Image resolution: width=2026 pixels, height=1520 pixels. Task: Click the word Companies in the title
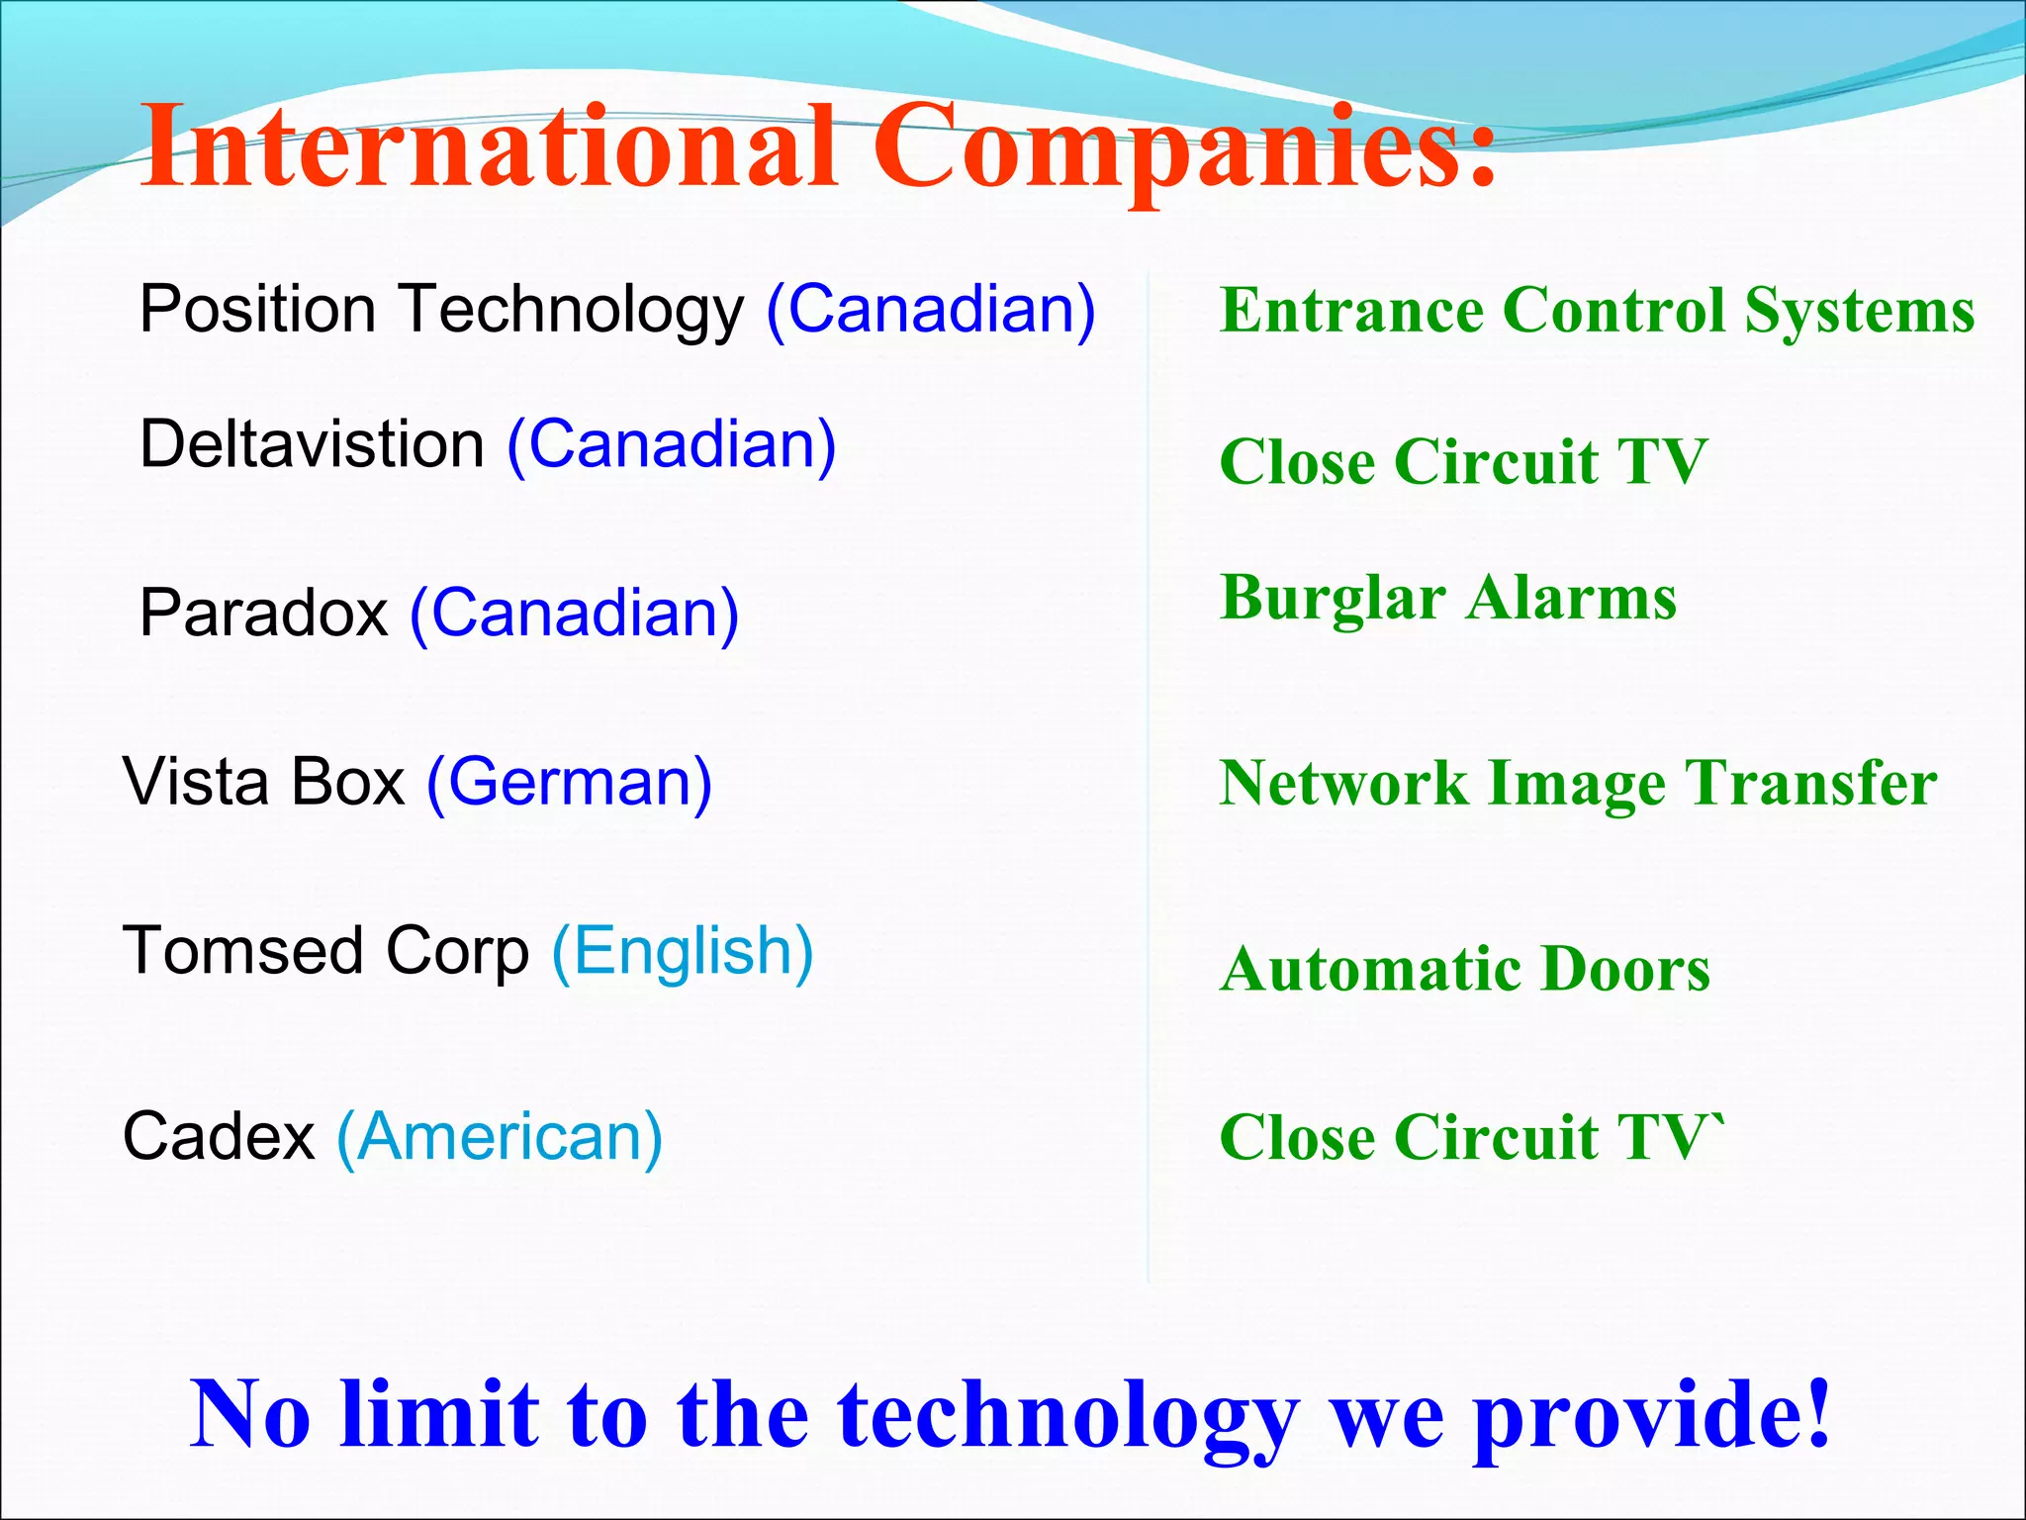point(1182,148)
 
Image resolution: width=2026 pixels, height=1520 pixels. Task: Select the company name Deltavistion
point(312,444)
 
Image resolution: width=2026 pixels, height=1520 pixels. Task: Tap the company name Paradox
point(263,614)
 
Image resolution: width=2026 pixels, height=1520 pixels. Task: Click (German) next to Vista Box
point(569,783)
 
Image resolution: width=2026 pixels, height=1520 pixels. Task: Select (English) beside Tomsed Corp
point(683,952)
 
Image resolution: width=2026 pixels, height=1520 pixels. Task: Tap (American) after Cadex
point(500,1137)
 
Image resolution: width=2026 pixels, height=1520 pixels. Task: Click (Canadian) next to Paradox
point(574,614)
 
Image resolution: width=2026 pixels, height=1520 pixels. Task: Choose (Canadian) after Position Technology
point(931,310)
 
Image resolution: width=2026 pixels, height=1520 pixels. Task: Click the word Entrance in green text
point(1351,311)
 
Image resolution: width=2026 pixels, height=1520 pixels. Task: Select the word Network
point(1343,783)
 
